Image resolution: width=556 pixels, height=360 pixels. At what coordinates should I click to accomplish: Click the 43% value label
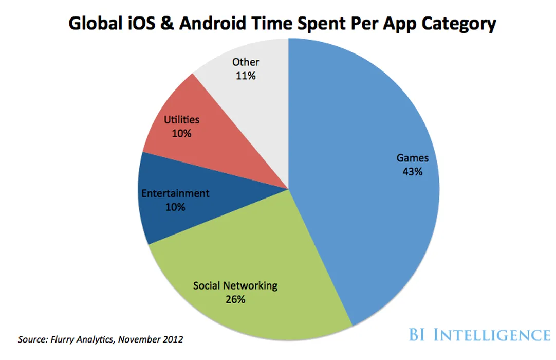[413, 172]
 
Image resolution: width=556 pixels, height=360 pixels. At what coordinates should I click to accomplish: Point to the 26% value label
[235, 299]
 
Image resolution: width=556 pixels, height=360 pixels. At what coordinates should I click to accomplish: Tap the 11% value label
[246, 76]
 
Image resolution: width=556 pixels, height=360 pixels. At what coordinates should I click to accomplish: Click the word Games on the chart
[412, 158]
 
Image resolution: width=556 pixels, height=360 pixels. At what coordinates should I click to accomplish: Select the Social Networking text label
[235, 285]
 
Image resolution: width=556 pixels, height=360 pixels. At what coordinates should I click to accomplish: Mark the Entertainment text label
[175, 194]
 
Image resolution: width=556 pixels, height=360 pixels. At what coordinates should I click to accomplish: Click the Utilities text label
[181, 120]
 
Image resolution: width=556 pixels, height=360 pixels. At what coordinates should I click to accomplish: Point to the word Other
[246, 62]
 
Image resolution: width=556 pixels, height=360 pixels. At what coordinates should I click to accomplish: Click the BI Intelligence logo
[487, 335]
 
